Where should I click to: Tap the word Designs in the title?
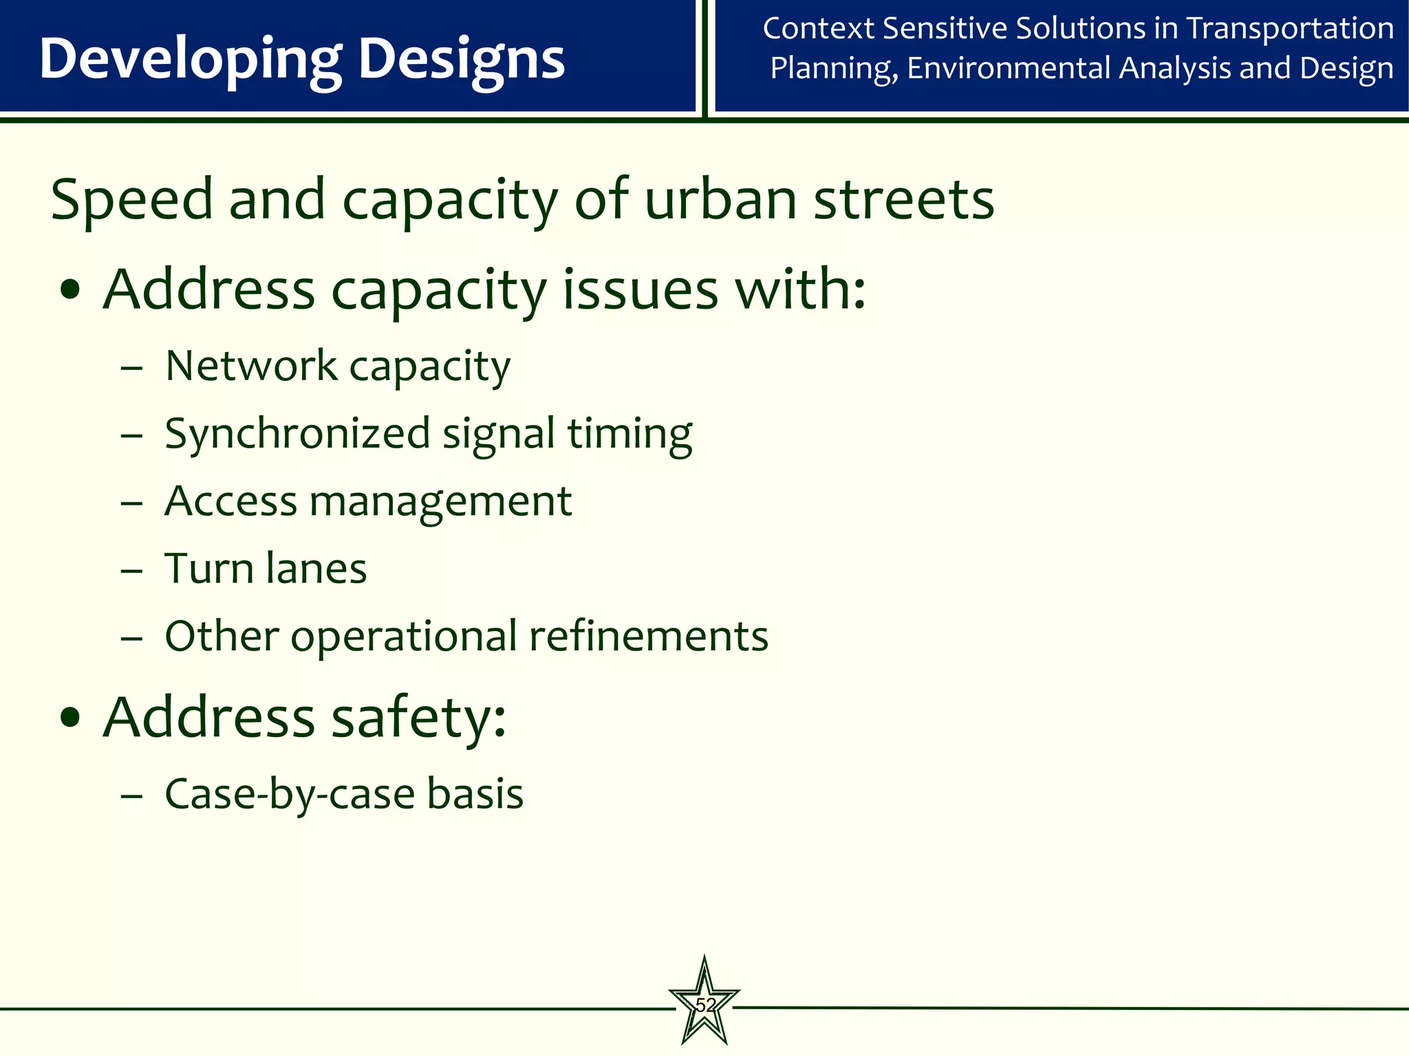click(462, 60)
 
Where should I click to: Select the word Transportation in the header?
click(1291, 29)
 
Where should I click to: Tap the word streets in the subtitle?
click(904, 200)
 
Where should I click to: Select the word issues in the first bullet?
click(641, 289)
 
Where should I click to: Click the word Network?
click(251, 365)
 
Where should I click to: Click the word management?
click(440, 501)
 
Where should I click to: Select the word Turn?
click(208, 569)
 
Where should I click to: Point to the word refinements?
click(648, 636)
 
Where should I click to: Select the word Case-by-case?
click(290, 794)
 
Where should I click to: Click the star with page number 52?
click(704, 1004)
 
